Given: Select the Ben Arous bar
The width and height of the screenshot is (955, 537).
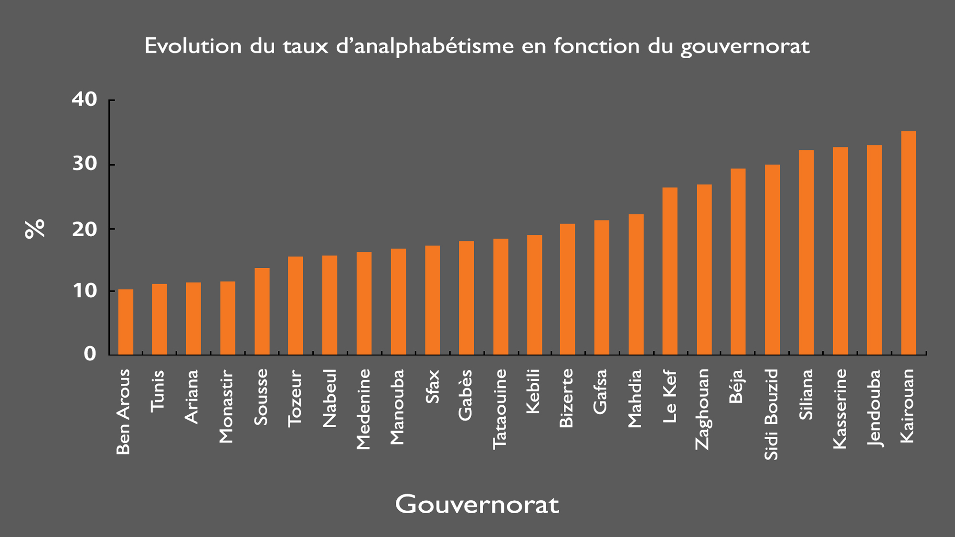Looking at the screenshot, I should click(x=126, y=322).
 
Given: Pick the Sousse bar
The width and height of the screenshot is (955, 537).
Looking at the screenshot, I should click(x=262, y=311).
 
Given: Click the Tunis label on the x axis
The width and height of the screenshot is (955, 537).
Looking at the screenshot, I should click(x=158, y=390).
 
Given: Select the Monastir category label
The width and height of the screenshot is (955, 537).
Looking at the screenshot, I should click(x=226, y=407).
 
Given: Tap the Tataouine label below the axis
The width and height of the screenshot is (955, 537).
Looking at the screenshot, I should click(x=499, y=409).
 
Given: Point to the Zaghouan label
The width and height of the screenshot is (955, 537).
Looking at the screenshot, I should click(x=702, y=409).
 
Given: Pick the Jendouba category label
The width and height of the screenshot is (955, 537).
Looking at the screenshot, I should click(x=874, y=408).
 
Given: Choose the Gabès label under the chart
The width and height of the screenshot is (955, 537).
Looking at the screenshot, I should click(x=465, y=395).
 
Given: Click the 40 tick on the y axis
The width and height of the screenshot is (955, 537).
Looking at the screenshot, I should click(x=85, y=99).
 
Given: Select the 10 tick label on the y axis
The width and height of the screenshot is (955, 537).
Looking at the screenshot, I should click(x=85, y=291).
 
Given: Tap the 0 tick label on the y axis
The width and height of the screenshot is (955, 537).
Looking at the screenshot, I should click(x=90, y=354).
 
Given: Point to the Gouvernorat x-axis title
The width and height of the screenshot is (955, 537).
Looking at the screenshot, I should click(x=477, y=504).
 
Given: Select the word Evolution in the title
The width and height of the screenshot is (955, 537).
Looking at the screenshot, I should click(x=193, y=46).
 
